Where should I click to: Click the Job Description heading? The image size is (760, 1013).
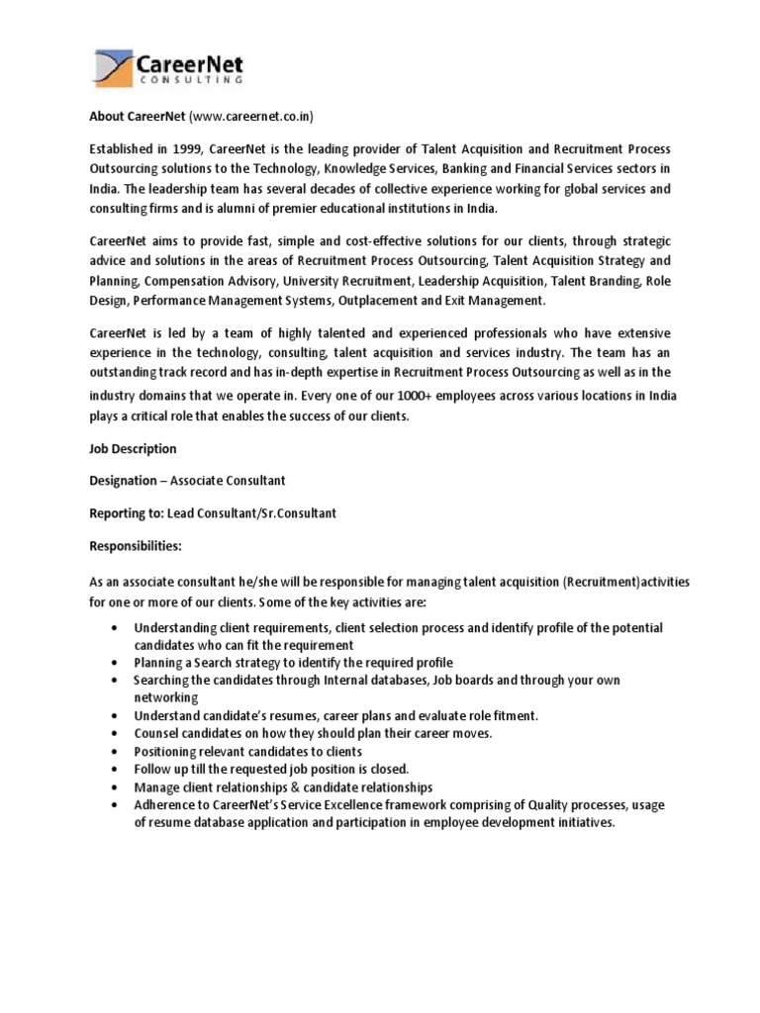click(x=133, y=448)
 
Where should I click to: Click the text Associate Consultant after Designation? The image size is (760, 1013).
click(x=228, y=480)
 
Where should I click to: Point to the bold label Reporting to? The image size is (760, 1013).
click(x=130, y=512)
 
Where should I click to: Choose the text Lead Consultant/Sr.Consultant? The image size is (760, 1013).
click(x=252, y=512)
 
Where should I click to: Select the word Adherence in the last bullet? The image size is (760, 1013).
click(x=164, y=804)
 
